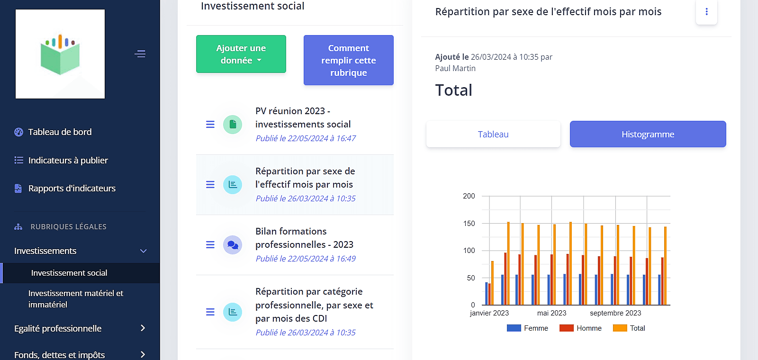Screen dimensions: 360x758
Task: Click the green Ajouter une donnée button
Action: coord(241,54)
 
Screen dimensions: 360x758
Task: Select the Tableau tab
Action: coord(493,134)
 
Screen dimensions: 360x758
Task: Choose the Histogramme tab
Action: coord(648,134)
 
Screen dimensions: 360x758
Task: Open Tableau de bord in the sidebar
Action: coord(60,132)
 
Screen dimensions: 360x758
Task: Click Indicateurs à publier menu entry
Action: coord(68,161)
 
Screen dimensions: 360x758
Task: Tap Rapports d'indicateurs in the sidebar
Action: coord(72,189)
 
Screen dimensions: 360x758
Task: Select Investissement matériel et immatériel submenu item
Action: coord(76,299)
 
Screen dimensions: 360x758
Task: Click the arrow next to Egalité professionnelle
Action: coord(143,328)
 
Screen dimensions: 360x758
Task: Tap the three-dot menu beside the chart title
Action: coord(706,12)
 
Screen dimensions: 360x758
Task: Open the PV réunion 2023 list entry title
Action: coord(303,117)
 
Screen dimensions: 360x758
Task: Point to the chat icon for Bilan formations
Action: coord(233,245)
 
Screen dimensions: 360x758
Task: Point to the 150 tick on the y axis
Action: coord(469,224)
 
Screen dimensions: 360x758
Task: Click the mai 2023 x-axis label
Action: coord(551,313)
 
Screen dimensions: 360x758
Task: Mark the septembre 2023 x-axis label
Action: coord(615,313)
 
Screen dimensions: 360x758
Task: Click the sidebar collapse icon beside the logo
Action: coord(140,54)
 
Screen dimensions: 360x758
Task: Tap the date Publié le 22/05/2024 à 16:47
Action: coord(306,138)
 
